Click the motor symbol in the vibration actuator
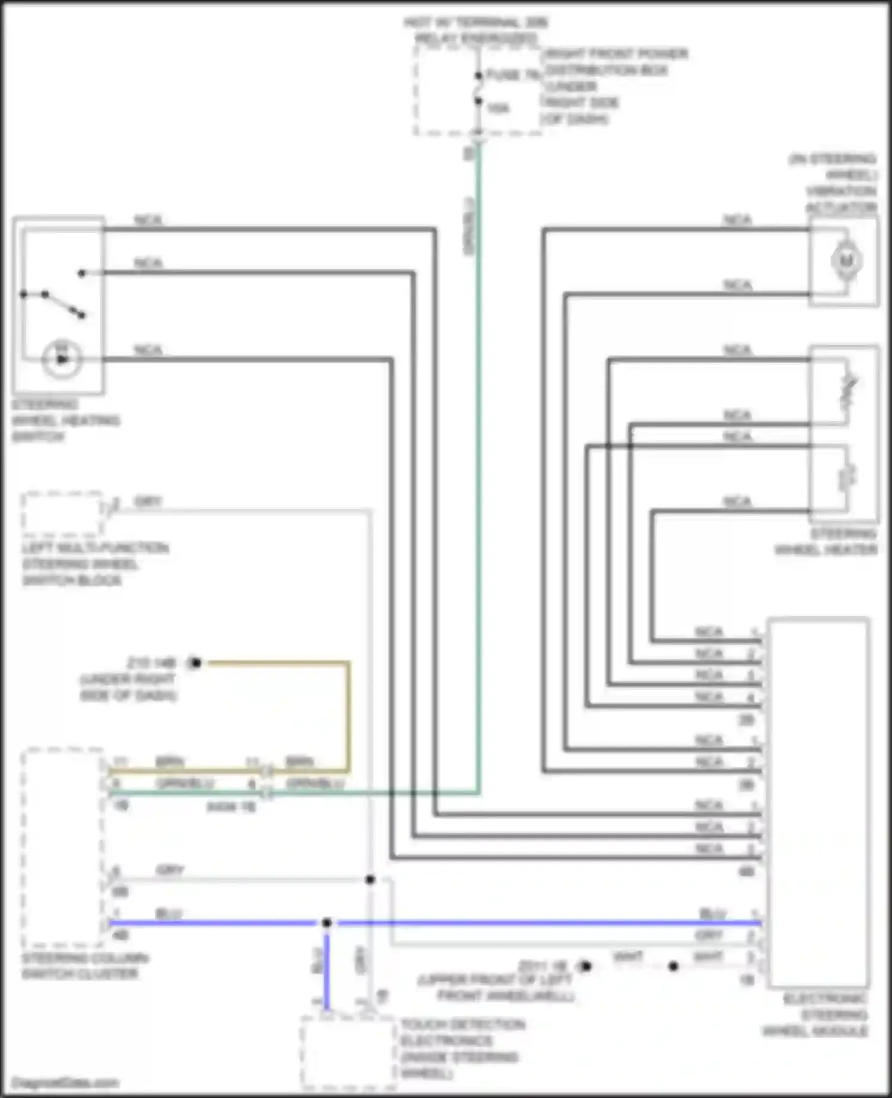coord(846,261)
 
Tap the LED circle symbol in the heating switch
coord(61,359)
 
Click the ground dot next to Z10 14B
coord(196,662)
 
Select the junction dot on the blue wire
coord(326,923)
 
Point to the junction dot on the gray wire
coord(370,879)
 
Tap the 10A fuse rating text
coord(498,108)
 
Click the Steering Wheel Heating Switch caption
coord(65,421)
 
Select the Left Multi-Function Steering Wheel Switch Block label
coord(95,564)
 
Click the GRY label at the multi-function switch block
coord(147,501)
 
